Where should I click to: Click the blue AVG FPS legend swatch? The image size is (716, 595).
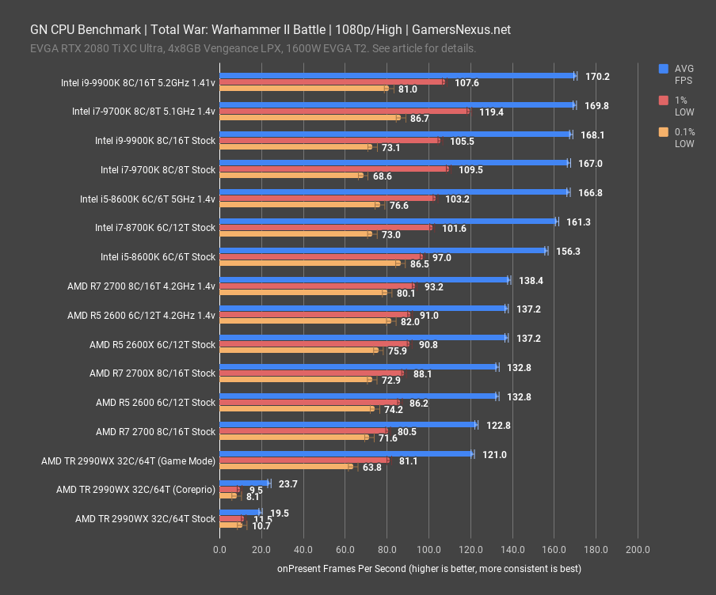(664, 69)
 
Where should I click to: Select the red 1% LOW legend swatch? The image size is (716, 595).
(664, 100)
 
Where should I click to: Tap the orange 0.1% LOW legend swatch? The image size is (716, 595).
(664, 132)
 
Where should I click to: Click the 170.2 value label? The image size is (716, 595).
(597, 77)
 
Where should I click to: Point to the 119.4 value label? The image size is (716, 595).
(491, 112)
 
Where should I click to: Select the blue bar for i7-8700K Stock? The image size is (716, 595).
(388, 222)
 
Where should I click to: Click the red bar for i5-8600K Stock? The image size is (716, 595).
(321, 256)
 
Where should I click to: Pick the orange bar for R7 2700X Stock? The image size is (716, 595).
(295, 380)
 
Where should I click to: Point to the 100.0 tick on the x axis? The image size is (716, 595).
(428, 549)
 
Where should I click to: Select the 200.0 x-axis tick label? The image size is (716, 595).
(638, 549)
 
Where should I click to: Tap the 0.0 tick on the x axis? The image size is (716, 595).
(219, 549)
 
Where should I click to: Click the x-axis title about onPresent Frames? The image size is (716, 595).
(428, 569)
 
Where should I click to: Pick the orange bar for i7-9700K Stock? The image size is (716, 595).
(290, 176)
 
